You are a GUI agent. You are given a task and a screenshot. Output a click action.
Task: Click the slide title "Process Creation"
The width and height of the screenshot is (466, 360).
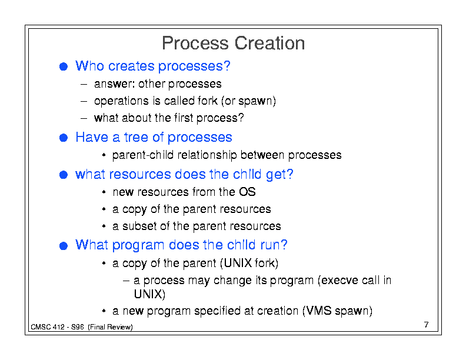(234, 43)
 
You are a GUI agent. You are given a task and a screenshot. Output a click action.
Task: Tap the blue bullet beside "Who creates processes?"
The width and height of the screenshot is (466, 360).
(64, 66)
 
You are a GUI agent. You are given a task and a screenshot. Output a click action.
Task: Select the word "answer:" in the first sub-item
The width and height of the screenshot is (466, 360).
(114, 84)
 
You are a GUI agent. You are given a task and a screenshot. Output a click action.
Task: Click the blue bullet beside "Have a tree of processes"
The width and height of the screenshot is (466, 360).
(64, 138)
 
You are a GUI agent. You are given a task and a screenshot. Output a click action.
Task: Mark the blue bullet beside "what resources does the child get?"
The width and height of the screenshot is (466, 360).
(64, 175)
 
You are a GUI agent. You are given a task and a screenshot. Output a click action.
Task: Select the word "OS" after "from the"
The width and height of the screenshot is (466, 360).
(247, 192)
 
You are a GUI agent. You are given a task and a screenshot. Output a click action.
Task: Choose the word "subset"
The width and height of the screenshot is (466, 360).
(139, 226)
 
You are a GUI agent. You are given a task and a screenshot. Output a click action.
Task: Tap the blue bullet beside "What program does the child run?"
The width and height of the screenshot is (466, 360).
(64, 246)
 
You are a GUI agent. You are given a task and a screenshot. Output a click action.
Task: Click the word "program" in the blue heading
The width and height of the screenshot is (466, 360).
(138, 245)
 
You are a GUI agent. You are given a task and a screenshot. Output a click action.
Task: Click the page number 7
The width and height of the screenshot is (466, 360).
(427, 325)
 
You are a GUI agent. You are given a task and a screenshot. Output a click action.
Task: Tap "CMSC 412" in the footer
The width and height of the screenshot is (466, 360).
(48, 327)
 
